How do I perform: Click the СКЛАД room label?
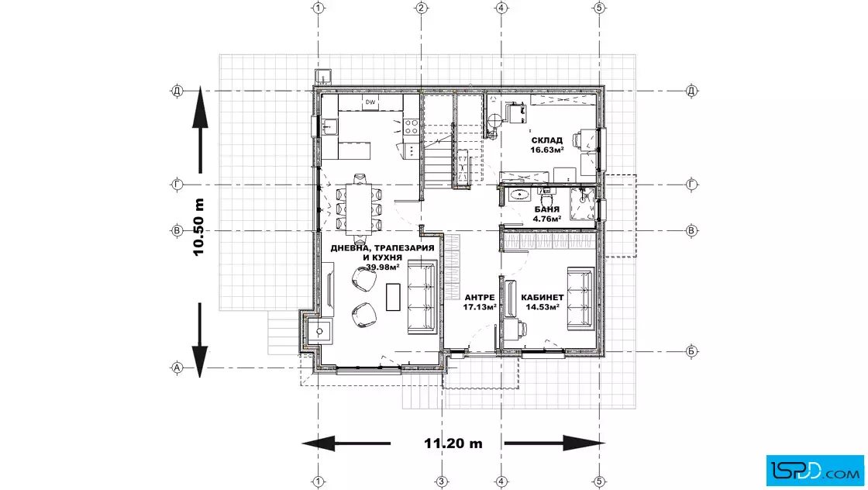[x=547, y=140]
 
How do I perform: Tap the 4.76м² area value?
[x=547, y=219]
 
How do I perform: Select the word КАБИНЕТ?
[x=542, y=297]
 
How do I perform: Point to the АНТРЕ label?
[x=480, y=297]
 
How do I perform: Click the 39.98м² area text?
[x=383, y=267]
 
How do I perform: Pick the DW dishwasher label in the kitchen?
[x=370, y=102]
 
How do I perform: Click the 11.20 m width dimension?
[x=453, y=443]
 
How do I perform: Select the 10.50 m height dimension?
[x=198, y=227]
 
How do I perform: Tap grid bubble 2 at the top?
[x=422, y=8]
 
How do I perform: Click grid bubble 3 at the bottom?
[x=441, y=481]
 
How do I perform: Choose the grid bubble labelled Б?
[x=691, y=351]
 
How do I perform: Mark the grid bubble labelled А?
[x=177, y=367]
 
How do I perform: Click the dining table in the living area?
[x=359, y=209]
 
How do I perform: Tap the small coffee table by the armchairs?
[x=393, y=297]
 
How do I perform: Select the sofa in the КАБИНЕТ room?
[x=580, y=299]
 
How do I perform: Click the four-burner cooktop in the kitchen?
[x=411, y=127]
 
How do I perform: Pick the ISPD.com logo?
[x=815, y=471]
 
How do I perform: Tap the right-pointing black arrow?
[x=555, y=443]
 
